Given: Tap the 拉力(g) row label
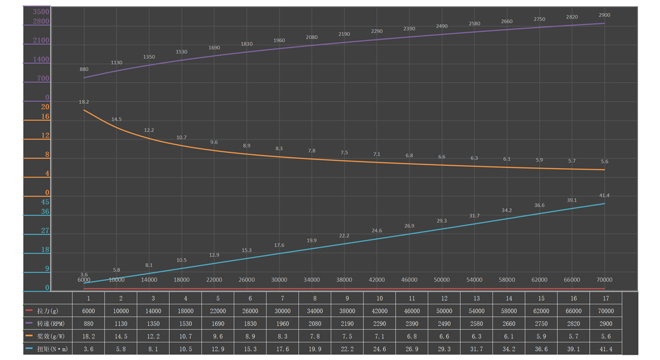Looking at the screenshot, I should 47,311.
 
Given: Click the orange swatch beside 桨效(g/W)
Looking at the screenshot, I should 29,336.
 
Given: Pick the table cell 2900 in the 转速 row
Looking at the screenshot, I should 606,324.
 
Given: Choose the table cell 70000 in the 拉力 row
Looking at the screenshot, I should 606,311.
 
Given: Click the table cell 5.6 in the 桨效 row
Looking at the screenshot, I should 606,337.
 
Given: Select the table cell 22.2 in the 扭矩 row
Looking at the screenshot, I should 347,349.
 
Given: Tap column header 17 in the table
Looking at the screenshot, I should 606,298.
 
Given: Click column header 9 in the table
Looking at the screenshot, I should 347,298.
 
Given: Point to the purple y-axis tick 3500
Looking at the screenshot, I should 41,12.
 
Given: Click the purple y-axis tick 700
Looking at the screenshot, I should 43,79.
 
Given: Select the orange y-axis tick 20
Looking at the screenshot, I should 45,107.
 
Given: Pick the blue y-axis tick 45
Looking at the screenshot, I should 45,202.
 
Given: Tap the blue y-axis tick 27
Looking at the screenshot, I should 45,231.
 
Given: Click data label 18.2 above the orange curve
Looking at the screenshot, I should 84,102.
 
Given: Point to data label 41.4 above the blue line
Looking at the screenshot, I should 604,196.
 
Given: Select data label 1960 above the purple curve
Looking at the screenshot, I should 279,41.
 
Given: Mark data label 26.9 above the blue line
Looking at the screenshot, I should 409,226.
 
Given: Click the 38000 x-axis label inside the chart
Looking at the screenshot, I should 344,280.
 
